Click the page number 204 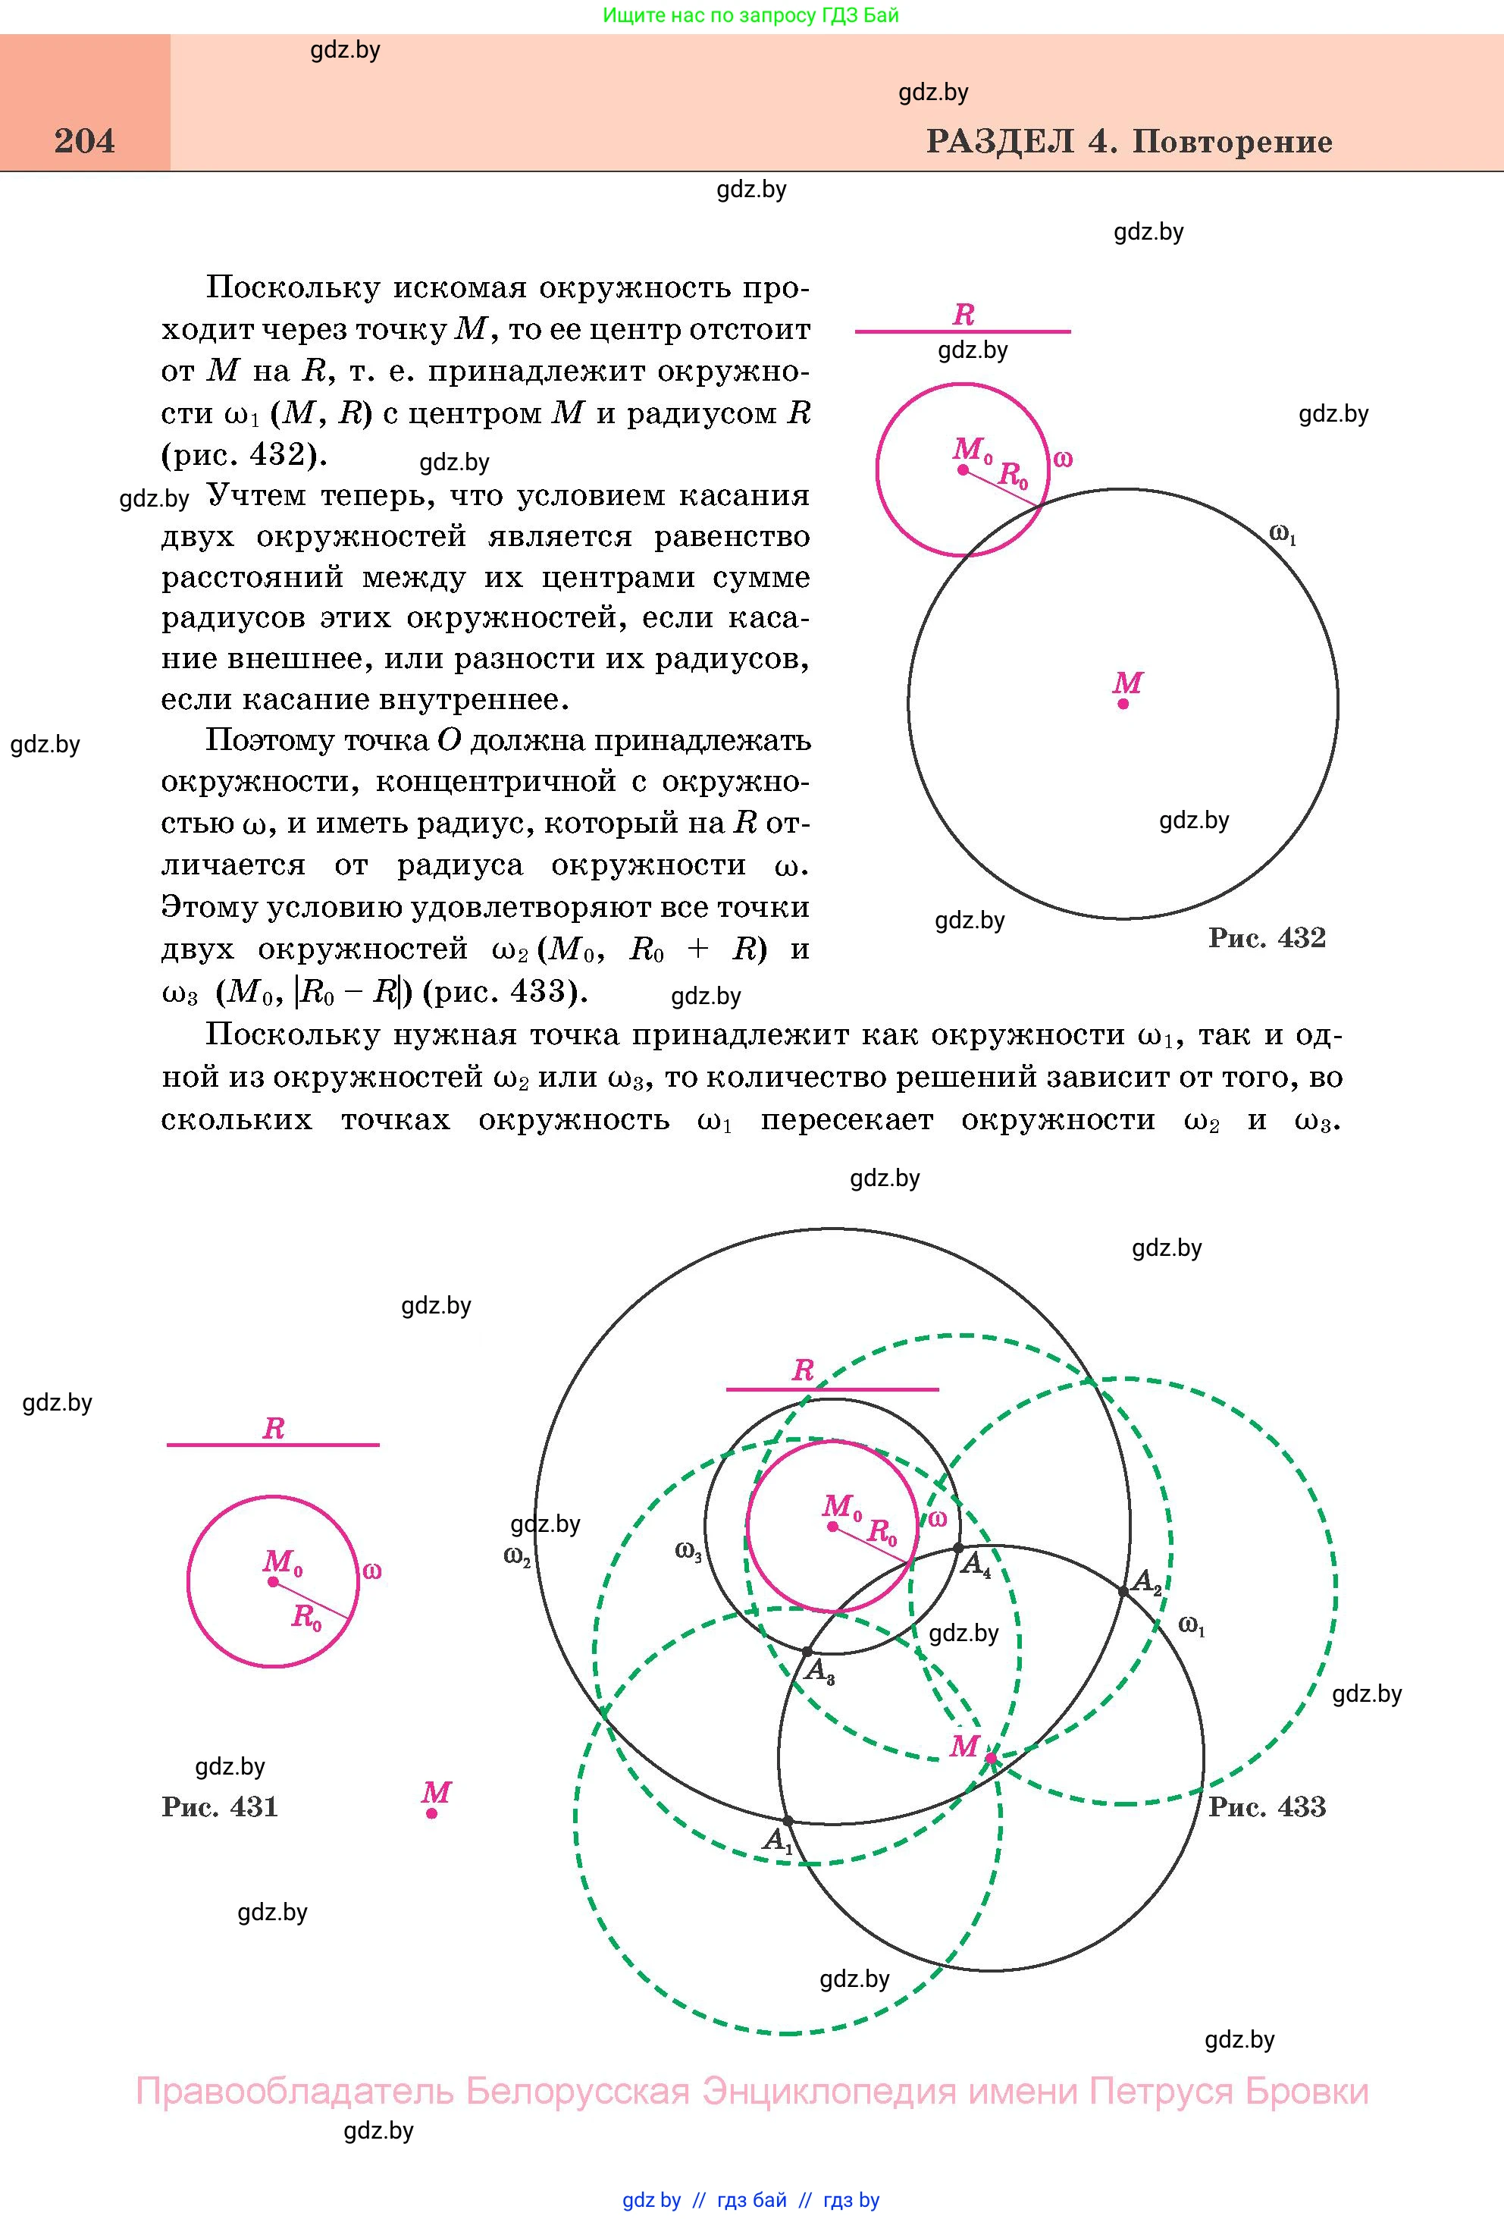point(85,141)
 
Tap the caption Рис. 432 point(1267,937)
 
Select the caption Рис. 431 point(220,1806)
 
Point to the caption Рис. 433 point(1267,1806)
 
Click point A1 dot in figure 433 point(788,1821)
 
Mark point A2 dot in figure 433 point(1123,1591)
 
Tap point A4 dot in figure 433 point(959,1548)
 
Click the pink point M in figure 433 point(991,1757)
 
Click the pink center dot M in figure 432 point(1123,704)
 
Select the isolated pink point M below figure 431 point(432,1813)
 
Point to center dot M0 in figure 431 point(273,1581)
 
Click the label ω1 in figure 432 point(1283,535)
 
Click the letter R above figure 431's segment point(273,1430)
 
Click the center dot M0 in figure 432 point(963,469)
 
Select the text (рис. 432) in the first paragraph point(243,454)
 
